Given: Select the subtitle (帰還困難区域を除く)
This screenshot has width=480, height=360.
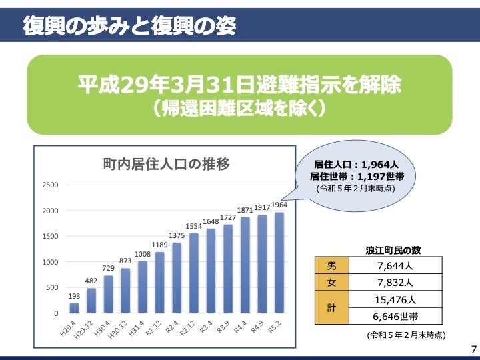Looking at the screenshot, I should click(x=239, y=109).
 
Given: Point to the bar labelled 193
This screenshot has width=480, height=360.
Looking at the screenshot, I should click(x=74, y=308).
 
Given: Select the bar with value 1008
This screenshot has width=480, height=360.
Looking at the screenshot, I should click(x=143, y=287).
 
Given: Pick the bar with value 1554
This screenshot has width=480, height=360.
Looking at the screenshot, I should click(x=194, y=273).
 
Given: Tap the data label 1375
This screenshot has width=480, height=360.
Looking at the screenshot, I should click(x=177, y=235).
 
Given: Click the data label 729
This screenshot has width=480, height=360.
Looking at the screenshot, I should click(x=108, y=268).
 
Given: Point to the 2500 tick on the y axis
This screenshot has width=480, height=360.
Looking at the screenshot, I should click(x=51, y=185).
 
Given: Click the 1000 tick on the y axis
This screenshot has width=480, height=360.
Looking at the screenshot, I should click(x=51, y=262).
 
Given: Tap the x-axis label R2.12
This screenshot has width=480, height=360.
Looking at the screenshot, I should click(x=189, y=329).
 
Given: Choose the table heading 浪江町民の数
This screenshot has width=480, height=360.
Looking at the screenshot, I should click(x=393, y=250).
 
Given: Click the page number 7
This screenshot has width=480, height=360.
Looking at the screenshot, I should click(x=473, y=349).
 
